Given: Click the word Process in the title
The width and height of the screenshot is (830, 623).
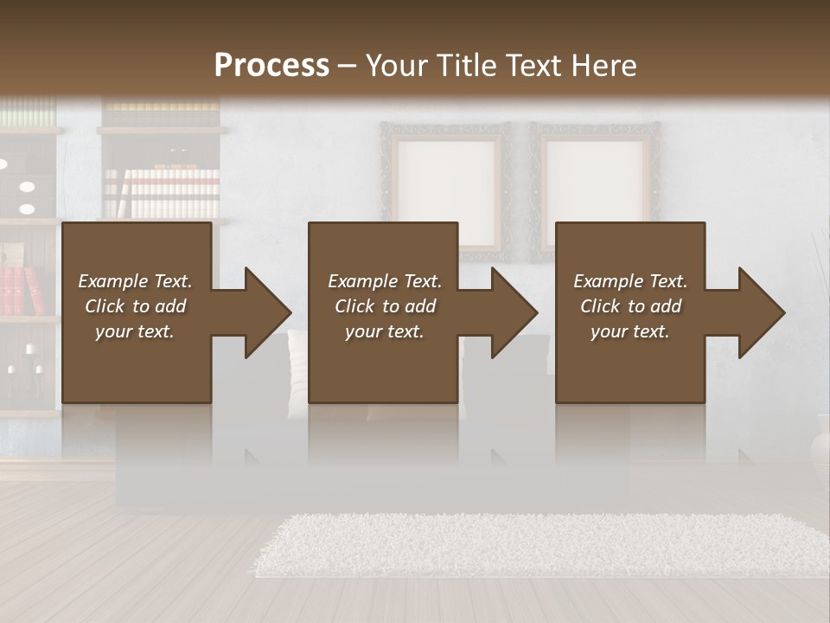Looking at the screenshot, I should (x=271, y=66).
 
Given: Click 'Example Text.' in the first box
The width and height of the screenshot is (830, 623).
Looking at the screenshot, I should (x=135, y=281).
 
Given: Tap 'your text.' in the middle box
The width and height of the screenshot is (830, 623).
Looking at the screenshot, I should (x=385, y=331).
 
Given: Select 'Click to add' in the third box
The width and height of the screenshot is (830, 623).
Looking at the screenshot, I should (x=630, y=306).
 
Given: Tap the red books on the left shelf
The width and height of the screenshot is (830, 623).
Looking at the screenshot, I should (x=22, y=290).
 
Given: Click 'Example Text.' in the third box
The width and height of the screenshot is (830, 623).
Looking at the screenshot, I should (x=630, y=281).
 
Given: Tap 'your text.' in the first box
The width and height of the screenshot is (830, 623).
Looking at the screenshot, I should (x=135, y=331).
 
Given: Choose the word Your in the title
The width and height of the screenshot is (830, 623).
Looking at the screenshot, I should (x=398, y=66).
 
